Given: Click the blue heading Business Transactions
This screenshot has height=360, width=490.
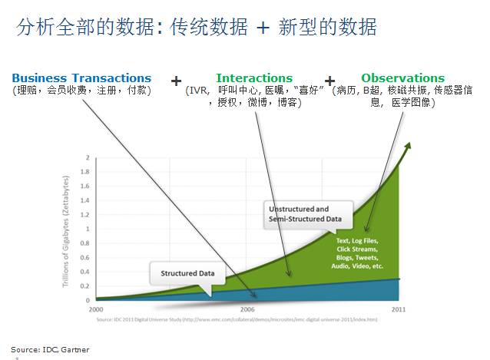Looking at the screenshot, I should [x=81, y=78].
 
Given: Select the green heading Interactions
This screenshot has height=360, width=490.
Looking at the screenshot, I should [x=254, y=78].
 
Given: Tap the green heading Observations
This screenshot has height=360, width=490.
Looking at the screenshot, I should [x=402, y=78].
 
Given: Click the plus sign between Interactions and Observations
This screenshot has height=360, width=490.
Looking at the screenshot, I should [x=330, y=80].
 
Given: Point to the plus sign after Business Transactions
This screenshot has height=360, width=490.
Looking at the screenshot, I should [x=177, y=80].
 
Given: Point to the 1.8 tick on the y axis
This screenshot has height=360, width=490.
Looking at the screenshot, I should [x=88, y=171].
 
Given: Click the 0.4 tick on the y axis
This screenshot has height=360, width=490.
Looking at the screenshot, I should [x=88, y=272].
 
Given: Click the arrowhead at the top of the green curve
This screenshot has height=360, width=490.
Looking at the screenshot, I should [x=410, y=145].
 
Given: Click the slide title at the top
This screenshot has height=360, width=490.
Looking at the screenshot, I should [x=197, y=28].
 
